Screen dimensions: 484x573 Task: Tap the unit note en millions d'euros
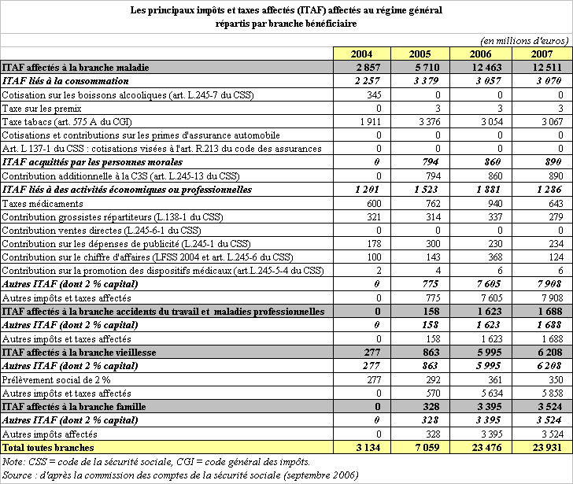(524, 39)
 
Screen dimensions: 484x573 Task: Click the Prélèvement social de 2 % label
(54, 379)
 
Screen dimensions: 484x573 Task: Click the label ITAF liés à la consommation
(65, 80)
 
